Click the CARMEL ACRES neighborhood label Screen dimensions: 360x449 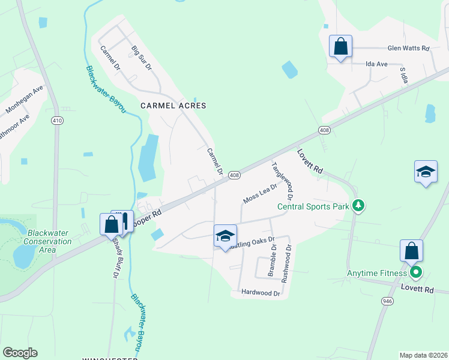pyautogui.click(x=173, y=106)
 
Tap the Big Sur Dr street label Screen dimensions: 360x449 pyautogui.click(x=142, y=57)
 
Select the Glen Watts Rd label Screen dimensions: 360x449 pyautogui.click(x=409, y=48)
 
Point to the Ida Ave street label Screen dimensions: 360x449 pyautogui.click(x=378, y=64)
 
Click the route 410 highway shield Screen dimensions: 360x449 pyautogui.click(x=57, y=121)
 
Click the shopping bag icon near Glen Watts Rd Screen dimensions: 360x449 pyautogui.click(x=340, y=47)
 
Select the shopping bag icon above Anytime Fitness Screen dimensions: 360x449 pyautogui.click(x=411, y=251)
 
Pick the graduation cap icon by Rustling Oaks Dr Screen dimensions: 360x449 pyautogui.click(x=225, y=236)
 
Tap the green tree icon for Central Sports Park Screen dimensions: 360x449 pyautogui.click(x=358, y=206)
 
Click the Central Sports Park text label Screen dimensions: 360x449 pyautogui.click(x=313, y=207)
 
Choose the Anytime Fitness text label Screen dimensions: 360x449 pyautogui.click(x=377, y=274)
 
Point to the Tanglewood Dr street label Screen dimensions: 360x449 pyautogui.click(x=282, y=181)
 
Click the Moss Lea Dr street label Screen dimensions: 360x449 pyautogui.click(x=260, y=193)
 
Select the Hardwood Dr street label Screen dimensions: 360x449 pyautogui.click(x=261, y=293)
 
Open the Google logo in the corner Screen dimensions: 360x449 pyautogui.click(x=20, y=353)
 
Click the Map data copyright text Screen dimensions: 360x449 pyautogui.click(x=424, y=355)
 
